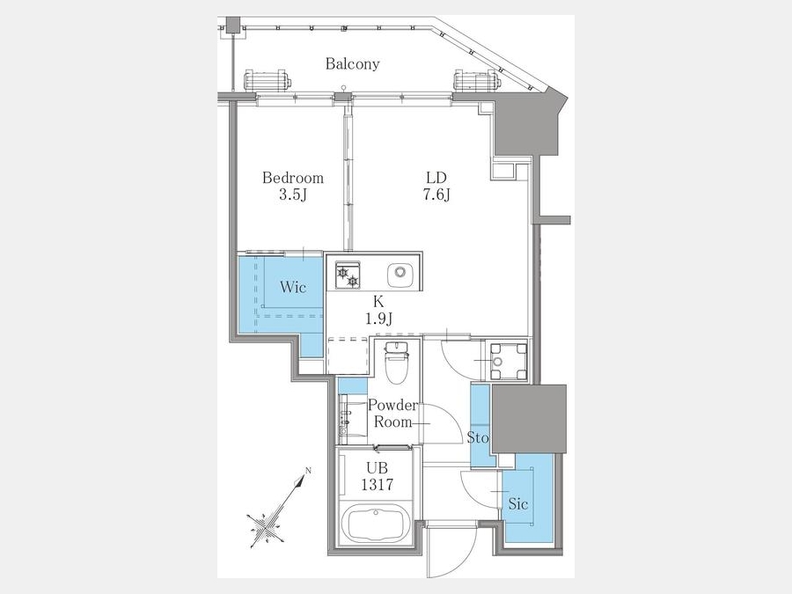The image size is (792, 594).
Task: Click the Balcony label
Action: [352, 63]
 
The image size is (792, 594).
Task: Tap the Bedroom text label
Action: [293, 178]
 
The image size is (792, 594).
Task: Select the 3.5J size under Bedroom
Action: [293, 194]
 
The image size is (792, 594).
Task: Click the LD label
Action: [436, 178]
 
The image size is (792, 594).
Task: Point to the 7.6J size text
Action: [436, 194]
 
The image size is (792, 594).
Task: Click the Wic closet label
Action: [293, 288]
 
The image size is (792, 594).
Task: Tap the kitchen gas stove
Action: [348, 275]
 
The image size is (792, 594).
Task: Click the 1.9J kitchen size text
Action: [378, 319]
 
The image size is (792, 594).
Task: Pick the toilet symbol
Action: [397, 363]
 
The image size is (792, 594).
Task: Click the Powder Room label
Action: [393, 414]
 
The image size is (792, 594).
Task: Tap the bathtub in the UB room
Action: [377, 524]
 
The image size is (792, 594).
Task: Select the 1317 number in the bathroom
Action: [377, 485]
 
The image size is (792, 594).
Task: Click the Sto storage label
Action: [478, 437]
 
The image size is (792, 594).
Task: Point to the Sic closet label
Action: [518, 503]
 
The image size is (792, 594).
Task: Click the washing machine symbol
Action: [507, 361]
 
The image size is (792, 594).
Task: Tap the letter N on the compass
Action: [308, 471]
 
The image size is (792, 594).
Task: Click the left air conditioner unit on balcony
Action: [267, 80]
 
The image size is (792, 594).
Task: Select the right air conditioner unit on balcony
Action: [476, 80]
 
